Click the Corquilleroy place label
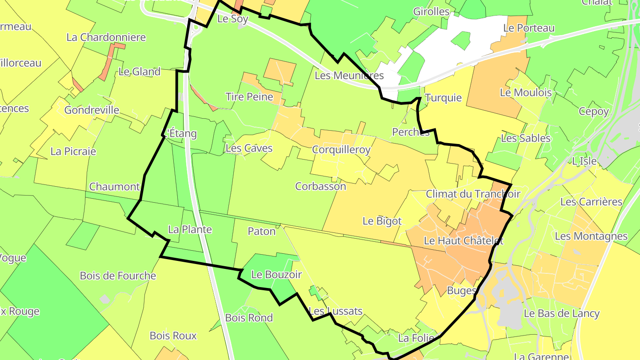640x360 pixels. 341,150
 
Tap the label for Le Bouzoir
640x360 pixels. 276,275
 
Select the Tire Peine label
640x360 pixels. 249,96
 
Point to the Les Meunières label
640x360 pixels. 349,76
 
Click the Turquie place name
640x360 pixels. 443,98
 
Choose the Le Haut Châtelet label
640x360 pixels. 464,241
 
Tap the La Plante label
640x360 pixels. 190,230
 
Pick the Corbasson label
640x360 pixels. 320,186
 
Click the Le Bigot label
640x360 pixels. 382,221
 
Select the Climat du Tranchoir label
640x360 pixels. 473,194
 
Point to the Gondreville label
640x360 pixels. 92,110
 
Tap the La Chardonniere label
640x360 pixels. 106,37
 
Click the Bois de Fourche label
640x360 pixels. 118,276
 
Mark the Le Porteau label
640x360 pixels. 529,28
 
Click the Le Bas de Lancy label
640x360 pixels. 561,313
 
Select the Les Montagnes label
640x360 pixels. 591,236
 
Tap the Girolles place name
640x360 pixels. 431,12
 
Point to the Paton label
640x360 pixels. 261,231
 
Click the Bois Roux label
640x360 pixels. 173,336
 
